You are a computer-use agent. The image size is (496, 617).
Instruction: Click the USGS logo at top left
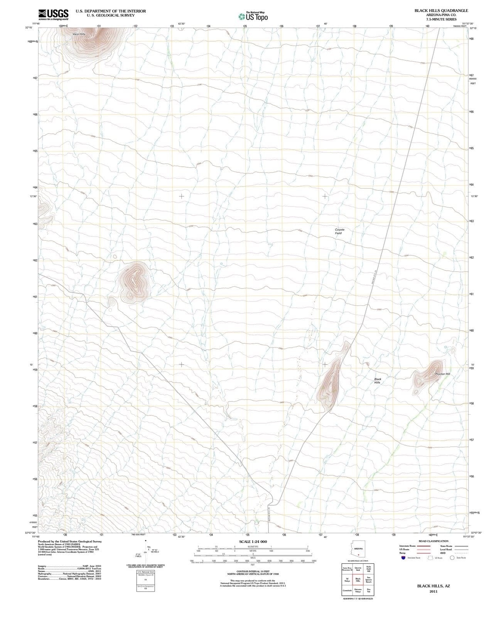point(54,14)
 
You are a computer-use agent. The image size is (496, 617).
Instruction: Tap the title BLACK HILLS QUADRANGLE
point(441,11)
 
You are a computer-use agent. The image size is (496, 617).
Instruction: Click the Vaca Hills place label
point(79,34)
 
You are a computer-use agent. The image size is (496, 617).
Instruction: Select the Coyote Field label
point(339,231)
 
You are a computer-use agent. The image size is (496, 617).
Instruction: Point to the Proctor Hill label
point(442,374)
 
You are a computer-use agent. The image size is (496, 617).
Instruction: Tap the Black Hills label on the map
point(377,381)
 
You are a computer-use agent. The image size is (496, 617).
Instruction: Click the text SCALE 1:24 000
point(253,541)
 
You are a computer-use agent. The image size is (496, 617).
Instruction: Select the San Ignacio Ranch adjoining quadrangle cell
point(369,580)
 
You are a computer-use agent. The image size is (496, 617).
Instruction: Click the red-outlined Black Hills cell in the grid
point(358,580)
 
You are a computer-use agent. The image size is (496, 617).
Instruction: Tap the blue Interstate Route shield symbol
point(403,558)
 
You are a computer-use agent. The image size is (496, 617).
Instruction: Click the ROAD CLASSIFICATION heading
point(434,541)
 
